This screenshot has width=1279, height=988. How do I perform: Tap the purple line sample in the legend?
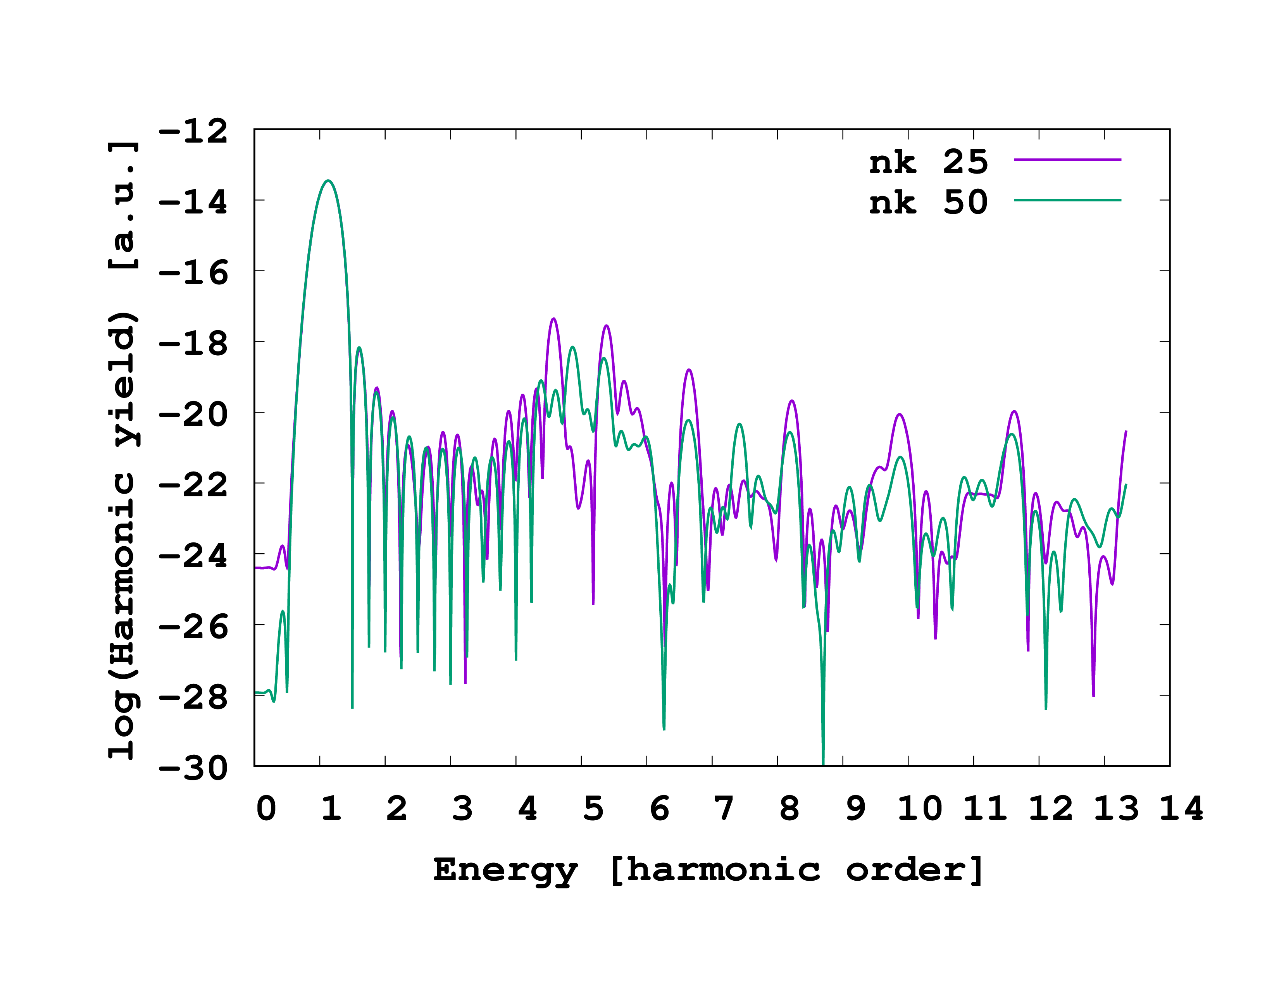point(1067,159)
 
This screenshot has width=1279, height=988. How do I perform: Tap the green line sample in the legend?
point(1067,200)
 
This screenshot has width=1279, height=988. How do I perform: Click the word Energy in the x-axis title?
point(505,870)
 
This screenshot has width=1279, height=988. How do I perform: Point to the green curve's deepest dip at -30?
point(823,763)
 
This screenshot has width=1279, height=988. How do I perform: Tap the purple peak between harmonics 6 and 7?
point(689,370)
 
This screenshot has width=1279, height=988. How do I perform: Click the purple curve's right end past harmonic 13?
point(1126,431)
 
